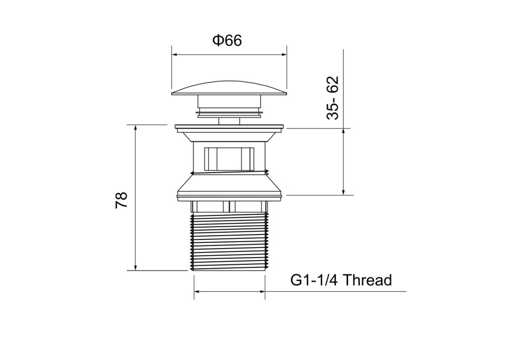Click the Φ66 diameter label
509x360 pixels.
point(227,41)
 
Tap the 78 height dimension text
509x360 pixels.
point(122,200)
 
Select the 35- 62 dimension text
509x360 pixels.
point(333,98)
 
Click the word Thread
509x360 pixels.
point(367,280)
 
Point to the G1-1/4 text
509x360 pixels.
point(314,280)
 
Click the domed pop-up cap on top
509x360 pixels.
point(229,88)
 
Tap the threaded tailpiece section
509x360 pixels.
point(229,241)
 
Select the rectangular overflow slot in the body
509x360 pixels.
point(229,159)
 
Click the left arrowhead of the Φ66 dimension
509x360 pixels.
point(174,55)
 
